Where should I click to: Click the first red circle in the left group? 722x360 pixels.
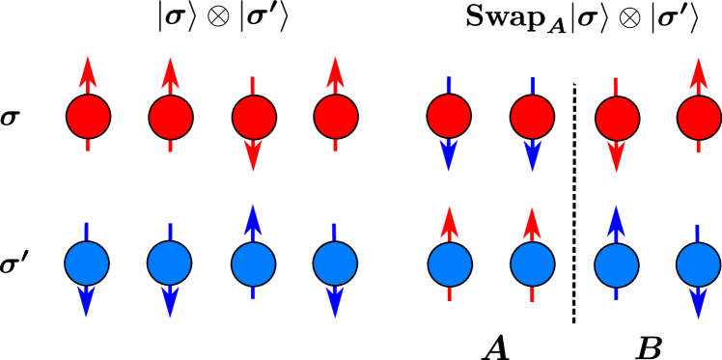pos(88,117)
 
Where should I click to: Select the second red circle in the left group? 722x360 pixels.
pos(171,118)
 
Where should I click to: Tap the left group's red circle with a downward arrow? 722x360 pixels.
pos(254,118)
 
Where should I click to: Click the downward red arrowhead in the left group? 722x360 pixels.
pos(253,154)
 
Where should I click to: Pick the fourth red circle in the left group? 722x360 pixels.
pos(336,117)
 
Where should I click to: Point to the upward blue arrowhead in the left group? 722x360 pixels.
pos(253,219)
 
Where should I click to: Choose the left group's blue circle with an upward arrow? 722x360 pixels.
pos(254,264)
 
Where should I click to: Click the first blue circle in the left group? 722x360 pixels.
pos(87,263)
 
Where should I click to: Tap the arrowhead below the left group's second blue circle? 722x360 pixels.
pos(170,301)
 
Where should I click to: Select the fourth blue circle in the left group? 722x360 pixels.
pos(336,263)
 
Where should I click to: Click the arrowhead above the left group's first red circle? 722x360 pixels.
pos(88,71)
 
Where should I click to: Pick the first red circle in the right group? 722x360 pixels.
pos(449,116)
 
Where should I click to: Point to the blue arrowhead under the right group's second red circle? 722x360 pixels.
pos(532,154)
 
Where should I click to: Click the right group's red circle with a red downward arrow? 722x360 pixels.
pos(618,119)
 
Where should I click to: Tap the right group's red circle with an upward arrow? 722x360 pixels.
pos(699,118)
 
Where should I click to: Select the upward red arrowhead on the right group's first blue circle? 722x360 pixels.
pos(449,221)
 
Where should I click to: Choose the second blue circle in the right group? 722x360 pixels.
pos(533,263)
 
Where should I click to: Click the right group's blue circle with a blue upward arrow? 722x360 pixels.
pos(617,265)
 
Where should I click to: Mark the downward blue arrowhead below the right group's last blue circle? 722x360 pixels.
pos(698,303)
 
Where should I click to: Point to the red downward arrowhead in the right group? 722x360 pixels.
pos(616,155)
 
